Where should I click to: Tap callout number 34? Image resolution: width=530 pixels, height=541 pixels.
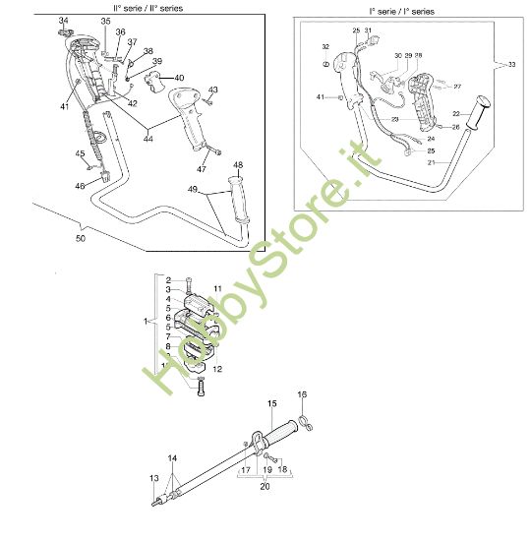pos(64,21)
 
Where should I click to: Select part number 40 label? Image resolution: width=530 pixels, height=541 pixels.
pos(178,78)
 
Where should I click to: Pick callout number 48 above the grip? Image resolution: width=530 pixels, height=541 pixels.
pos(239,164)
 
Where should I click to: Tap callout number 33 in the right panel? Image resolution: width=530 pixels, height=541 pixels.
pos(511,64)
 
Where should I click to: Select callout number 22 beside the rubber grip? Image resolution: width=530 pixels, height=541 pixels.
pos(454,112)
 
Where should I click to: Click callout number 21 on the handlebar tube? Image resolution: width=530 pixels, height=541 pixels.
pos(431,163)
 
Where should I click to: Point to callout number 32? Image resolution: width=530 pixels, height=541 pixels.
pos(325,46)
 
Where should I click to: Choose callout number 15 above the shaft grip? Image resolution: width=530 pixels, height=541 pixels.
pos(271,403)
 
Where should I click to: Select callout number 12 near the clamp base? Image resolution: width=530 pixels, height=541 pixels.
pos(216,370)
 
